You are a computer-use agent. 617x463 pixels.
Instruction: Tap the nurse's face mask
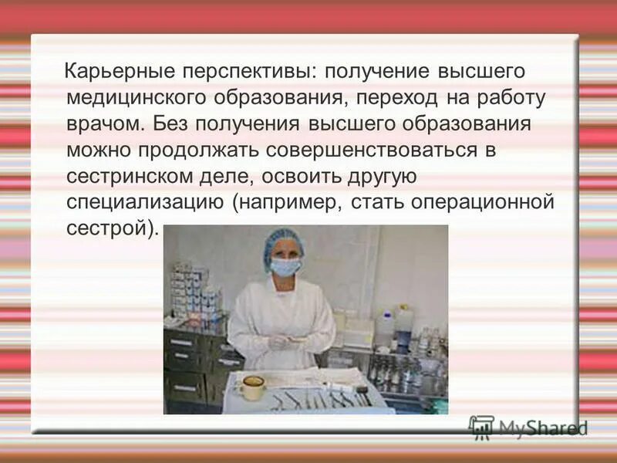[285, 267]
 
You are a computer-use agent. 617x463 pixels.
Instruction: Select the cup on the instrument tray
[251, 387]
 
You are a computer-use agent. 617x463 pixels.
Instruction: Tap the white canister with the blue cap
[383, 329]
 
